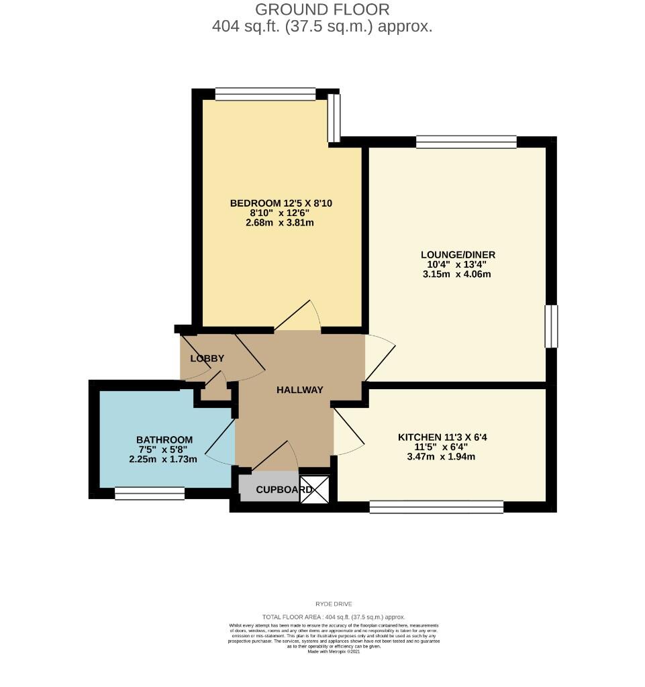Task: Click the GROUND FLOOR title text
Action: tap(322, 9)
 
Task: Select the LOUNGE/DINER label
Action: tap(458, 255)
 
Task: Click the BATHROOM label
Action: tap(163, 440)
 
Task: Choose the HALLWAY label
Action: tap(300, 390)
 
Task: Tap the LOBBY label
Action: tap(207, 359)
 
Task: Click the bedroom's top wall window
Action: tap(265, 95)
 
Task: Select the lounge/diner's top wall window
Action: tap(466, 142)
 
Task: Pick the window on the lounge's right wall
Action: tap(551, 326)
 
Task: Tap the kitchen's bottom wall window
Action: tap(436, 507)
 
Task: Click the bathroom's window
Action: tap(150, 494)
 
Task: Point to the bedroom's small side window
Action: tap(334, 118)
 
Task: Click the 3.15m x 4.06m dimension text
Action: tap(458, 274)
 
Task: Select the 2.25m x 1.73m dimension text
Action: tap(163, 460)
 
